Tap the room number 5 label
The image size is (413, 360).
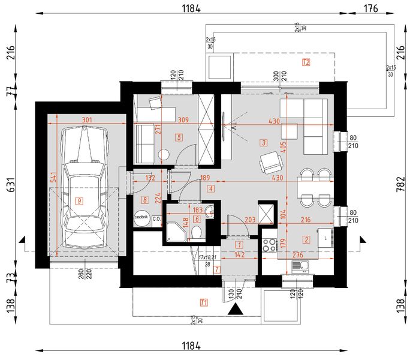click(x=179, y=137)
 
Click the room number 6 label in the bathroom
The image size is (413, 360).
click(x=196, y=218)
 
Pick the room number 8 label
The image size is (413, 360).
click(x=144, y=199)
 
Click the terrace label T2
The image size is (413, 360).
click(x=306, y=62)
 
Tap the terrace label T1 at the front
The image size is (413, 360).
click(x=204, y=301)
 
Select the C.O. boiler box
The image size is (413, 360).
click(x=156, y=219)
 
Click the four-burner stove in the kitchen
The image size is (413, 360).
click(x=269, y=244)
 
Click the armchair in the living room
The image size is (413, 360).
click(x=270, y=162)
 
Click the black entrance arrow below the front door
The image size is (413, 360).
click(x=237, y=309)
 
